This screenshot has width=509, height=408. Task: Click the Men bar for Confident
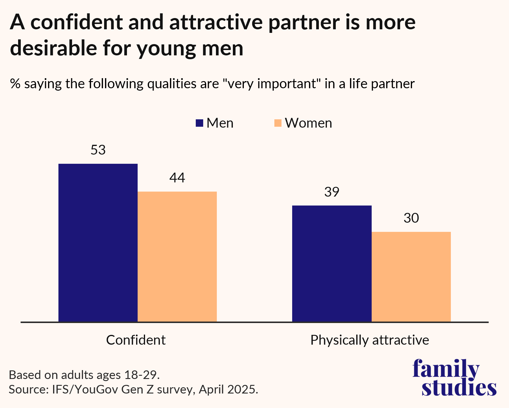(98, 242)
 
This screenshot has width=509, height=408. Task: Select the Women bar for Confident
(177, 256)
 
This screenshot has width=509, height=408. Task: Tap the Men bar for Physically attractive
(332, 263)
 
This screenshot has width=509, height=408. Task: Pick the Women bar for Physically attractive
(411, 277)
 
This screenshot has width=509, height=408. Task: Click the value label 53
(98, 150)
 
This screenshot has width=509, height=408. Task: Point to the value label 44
(177, 178)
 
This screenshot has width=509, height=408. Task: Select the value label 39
(332, 192)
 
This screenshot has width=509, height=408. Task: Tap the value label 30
(411, 218)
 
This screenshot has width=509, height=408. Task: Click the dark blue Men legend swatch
(199, 123)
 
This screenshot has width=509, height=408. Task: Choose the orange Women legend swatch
(278, 123)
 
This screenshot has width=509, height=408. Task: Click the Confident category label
(136, 340)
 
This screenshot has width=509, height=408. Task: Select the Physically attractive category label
(370, 340)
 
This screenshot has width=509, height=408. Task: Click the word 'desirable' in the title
(54, 48)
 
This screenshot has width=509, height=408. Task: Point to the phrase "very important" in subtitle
(272, 84)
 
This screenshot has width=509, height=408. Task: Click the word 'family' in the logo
(446, 369)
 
